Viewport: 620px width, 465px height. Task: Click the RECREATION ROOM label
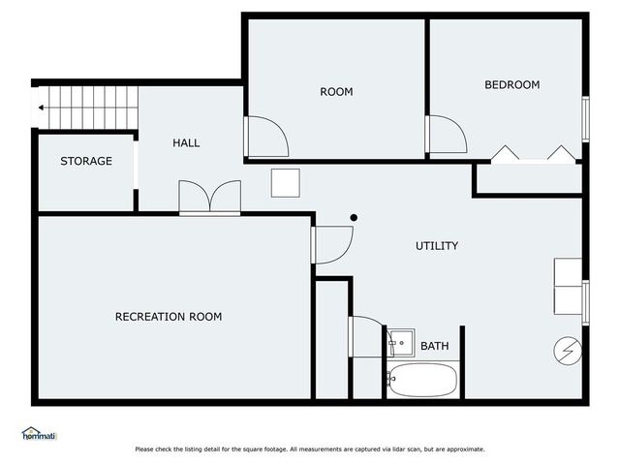[169, 317]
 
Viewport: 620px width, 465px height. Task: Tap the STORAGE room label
[86, 161]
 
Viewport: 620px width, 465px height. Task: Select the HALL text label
[186, 142]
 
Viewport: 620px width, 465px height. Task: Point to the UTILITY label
[437, 246]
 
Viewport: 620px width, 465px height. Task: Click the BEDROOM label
[511, 85]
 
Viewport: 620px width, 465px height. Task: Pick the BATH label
[434, 346]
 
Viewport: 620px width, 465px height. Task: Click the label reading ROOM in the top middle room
[336, 92]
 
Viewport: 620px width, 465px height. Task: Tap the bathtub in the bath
[422, 380]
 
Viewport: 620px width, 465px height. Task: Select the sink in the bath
[400, 342]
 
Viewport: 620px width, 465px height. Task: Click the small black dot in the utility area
[354, 217]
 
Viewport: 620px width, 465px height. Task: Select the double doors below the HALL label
[210, 198]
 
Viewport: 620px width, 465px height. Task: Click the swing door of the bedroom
[446, 136]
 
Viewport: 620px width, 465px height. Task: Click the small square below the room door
[285, 182]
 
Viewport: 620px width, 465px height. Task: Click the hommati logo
[40, 435]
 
